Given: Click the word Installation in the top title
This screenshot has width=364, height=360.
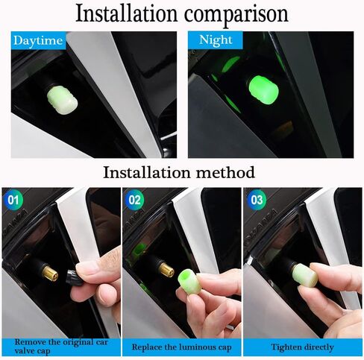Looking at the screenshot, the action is [x=127, y=13].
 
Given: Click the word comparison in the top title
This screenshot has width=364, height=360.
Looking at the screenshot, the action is [x=236, y=15].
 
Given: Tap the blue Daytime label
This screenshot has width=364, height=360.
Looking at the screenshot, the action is [x=38, y=40].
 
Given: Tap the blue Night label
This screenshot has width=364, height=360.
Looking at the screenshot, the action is [x=216, y=40].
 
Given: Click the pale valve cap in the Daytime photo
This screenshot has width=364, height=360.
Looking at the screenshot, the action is [x=63, y=98].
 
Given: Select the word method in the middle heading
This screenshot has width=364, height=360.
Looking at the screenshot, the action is [x=225, y=172].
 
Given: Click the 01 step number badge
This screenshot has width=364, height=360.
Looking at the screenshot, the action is [x=13, y=200].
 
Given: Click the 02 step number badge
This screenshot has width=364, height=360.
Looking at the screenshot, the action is [x=134, y=200].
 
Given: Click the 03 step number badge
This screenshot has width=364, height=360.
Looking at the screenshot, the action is [x=257, y=200].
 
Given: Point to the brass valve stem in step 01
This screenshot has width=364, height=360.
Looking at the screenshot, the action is [x=50, y=273].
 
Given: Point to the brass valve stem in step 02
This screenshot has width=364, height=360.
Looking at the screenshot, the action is [x=166, y=269].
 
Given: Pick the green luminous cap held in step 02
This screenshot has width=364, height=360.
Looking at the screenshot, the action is [x=188, y=282].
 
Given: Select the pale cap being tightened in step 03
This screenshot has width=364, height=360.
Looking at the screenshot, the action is [x=304, y=275].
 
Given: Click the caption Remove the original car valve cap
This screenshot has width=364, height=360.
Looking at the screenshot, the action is [x=61, y=347].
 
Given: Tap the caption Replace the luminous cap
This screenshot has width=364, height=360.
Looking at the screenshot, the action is [x=181, y=347].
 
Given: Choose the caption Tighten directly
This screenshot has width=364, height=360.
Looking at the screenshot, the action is [x=302, y=347].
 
